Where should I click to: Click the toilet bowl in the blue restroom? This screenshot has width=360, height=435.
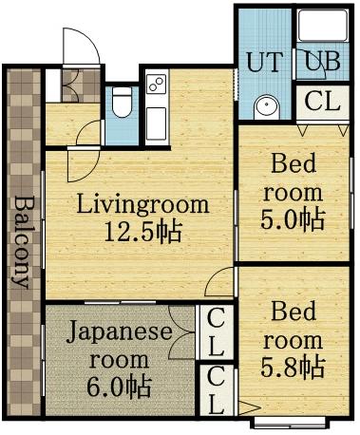click(121, 104)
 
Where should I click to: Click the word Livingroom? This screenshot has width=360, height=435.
click(142, 204)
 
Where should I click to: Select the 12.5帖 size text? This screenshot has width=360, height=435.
click(142, 231)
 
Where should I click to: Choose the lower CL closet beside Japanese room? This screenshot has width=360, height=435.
click(217, 389)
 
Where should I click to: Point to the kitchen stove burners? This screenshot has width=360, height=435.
click(157, 84)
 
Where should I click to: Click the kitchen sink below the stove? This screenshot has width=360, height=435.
click(157, 121)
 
